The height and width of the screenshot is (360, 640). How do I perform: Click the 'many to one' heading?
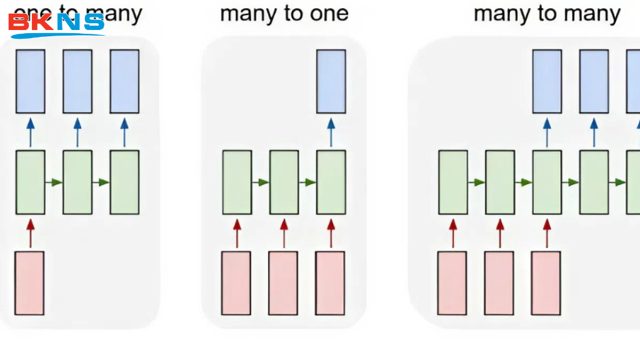(284, 14)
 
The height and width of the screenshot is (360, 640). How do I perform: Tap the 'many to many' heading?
(547, 14)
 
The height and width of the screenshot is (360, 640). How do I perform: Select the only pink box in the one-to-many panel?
(29, 283)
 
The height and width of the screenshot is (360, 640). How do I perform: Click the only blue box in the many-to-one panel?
(331, 81)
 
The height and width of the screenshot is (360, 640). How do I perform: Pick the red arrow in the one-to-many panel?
(30, 232)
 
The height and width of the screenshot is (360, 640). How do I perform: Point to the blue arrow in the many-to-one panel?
(331, 131)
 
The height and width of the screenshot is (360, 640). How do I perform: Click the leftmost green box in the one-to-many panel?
(30, 182)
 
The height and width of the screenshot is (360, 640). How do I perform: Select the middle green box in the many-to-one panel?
(284, 182)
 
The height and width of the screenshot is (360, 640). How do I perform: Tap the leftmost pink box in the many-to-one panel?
(236, 283)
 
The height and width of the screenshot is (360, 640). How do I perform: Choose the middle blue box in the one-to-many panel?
(77, 81)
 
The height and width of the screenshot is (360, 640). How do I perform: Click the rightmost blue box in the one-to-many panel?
(124, 81)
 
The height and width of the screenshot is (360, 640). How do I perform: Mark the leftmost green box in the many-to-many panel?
(453, 182)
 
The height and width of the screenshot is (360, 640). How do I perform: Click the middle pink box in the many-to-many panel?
(499, 283)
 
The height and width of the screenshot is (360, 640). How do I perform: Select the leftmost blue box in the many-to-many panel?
(547, 81)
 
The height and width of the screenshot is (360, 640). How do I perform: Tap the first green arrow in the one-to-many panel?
(54, 182)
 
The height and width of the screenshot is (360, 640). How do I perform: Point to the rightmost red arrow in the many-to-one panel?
(331, 232)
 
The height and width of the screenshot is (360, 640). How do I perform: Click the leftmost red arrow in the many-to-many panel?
(453, 232)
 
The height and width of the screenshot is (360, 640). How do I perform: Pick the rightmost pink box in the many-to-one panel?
(330, 283)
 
